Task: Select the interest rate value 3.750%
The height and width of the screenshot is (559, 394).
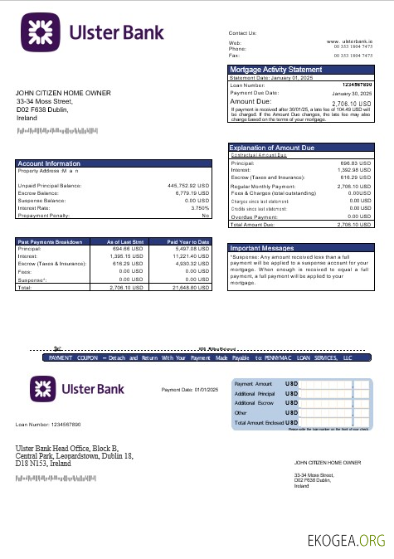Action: pyautogui.click(x=199, y=207)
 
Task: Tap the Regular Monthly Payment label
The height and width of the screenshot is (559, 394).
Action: pyautogui.click(x=260, y=187)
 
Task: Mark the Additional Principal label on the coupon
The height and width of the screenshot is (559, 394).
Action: pyautogui.click(x=255, y=393)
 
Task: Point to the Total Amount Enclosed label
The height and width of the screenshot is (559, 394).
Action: pyautogui.click(x=258, y=422)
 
